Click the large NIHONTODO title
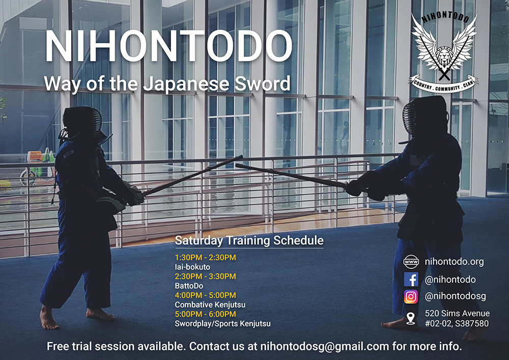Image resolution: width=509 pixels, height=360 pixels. pyautogui.click(x=169, y=46)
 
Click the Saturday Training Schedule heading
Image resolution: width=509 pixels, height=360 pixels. pyautogui.click(x=249, y=240)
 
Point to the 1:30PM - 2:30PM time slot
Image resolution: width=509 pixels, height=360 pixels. pyautogui.click(x=205, y=258)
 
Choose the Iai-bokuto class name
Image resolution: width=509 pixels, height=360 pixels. pyautogui.click(x=192, y=267)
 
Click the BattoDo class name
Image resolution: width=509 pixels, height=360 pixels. pyautogui.click(x=189, y=286)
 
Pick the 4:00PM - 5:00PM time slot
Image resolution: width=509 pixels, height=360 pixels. pyautogui.click(x=205, y=295)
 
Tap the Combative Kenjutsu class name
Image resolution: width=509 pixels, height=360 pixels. pyautogui.click(x=210, y=304)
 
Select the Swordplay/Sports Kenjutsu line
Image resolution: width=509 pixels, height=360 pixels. pyautogui.click(x=223, y=323)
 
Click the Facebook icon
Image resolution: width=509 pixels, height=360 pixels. pyautogui.click(x=411, y=280)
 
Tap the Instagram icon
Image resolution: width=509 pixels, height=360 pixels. pyautogui.click(x=411, y=297)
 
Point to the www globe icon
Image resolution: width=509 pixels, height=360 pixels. pyautogui.click(x=411, y=262)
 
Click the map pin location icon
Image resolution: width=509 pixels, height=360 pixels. pyautogui.click(x=411, y=318)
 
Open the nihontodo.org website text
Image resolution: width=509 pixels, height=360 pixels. pyautogui.click(x=454, y=262)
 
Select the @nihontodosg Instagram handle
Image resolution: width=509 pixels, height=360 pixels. pyautogui.click(x=455, y=296)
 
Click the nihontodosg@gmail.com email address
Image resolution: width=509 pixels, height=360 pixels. pyautogui.click(x=324, y=346)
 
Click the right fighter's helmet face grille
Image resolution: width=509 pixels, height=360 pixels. pyautogui.click(x=410, y=118)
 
